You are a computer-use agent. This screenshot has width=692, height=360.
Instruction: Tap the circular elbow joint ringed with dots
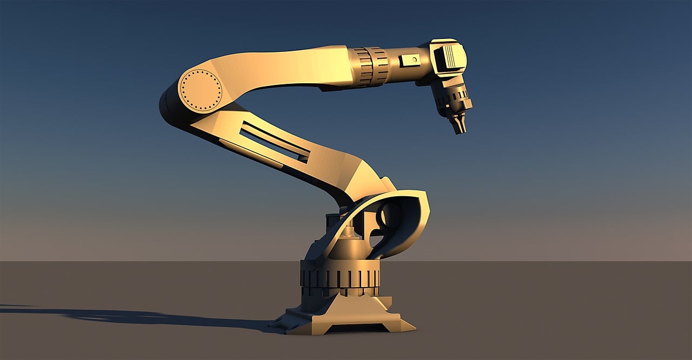point(201,90)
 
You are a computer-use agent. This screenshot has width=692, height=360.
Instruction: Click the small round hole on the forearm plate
point(414,59)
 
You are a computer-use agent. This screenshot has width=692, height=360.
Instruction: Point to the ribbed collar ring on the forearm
point(371,66)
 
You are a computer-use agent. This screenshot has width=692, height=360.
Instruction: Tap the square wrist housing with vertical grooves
point(449,58)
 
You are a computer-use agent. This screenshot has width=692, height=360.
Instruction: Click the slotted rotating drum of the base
point(340,278)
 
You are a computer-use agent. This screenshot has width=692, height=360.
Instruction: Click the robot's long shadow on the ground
point(135,317)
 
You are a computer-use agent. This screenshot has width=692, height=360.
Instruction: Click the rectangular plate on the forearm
point(410,61)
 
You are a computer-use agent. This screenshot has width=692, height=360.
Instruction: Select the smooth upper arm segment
point(281,69)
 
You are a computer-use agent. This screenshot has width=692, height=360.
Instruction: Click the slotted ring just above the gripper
point(452,98)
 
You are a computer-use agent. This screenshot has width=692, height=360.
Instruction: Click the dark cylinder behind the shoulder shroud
point(333,224)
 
